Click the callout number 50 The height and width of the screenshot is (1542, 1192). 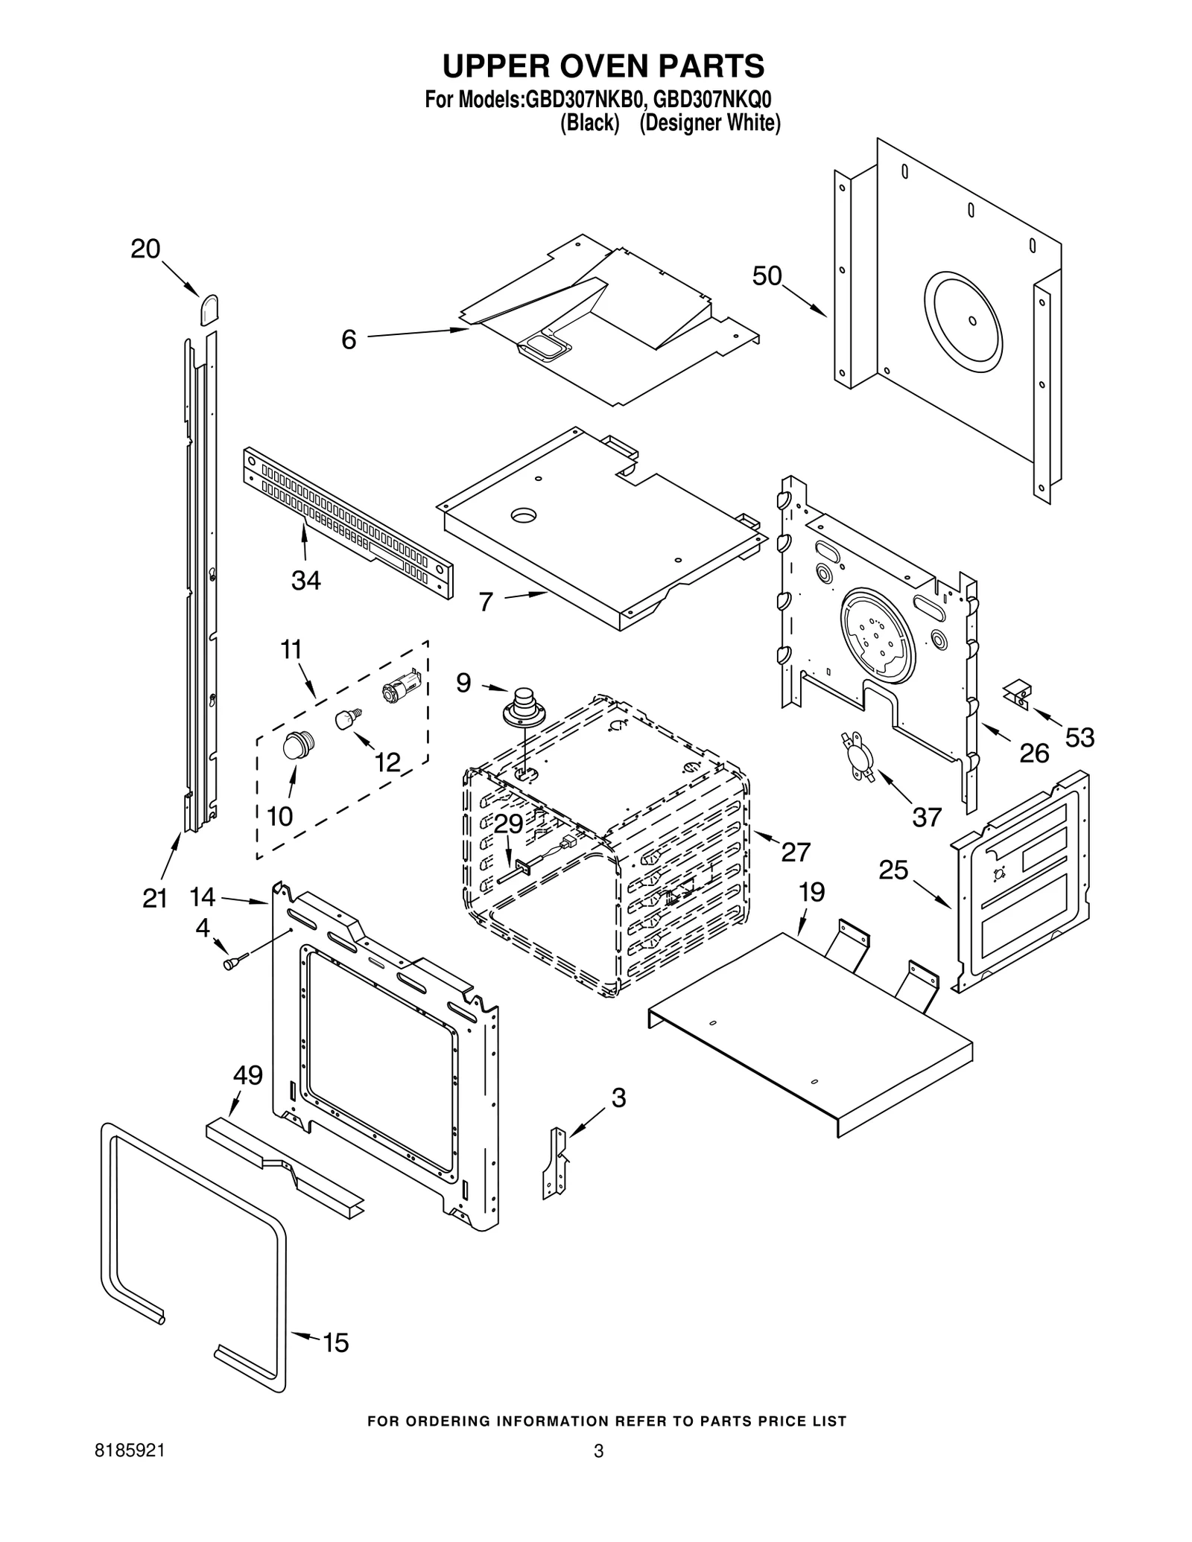click(767, 276)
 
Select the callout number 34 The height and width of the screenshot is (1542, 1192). click(305, 580)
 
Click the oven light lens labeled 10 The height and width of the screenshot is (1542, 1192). click(299, 744)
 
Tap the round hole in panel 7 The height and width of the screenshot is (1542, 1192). click(524, 514)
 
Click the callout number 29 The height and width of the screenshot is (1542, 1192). click(508, 824)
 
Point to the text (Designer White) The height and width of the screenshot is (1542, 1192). click(710, 123)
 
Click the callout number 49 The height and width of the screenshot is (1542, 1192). click(248, 1075)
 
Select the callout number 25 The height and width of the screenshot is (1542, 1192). click(893, 870)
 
